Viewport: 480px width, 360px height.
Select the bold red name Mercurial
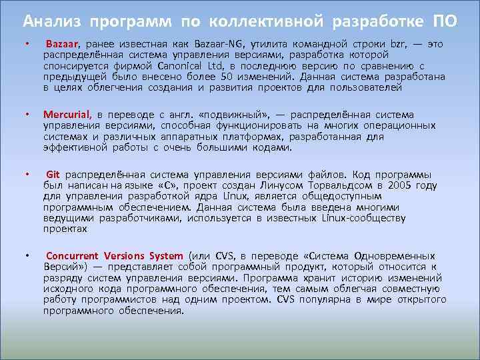point(67,115)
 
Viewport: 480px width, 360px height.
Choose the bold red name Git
point(54,175)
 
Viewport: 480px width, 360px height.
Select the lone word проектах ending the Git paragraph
point(65,229)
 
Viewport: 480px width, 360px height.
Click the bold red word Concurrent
point(72,256)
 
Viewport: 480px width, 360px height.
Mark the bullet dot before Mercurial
point(27,115)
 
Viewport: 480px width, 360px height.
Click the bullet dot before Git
point(27,175)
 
